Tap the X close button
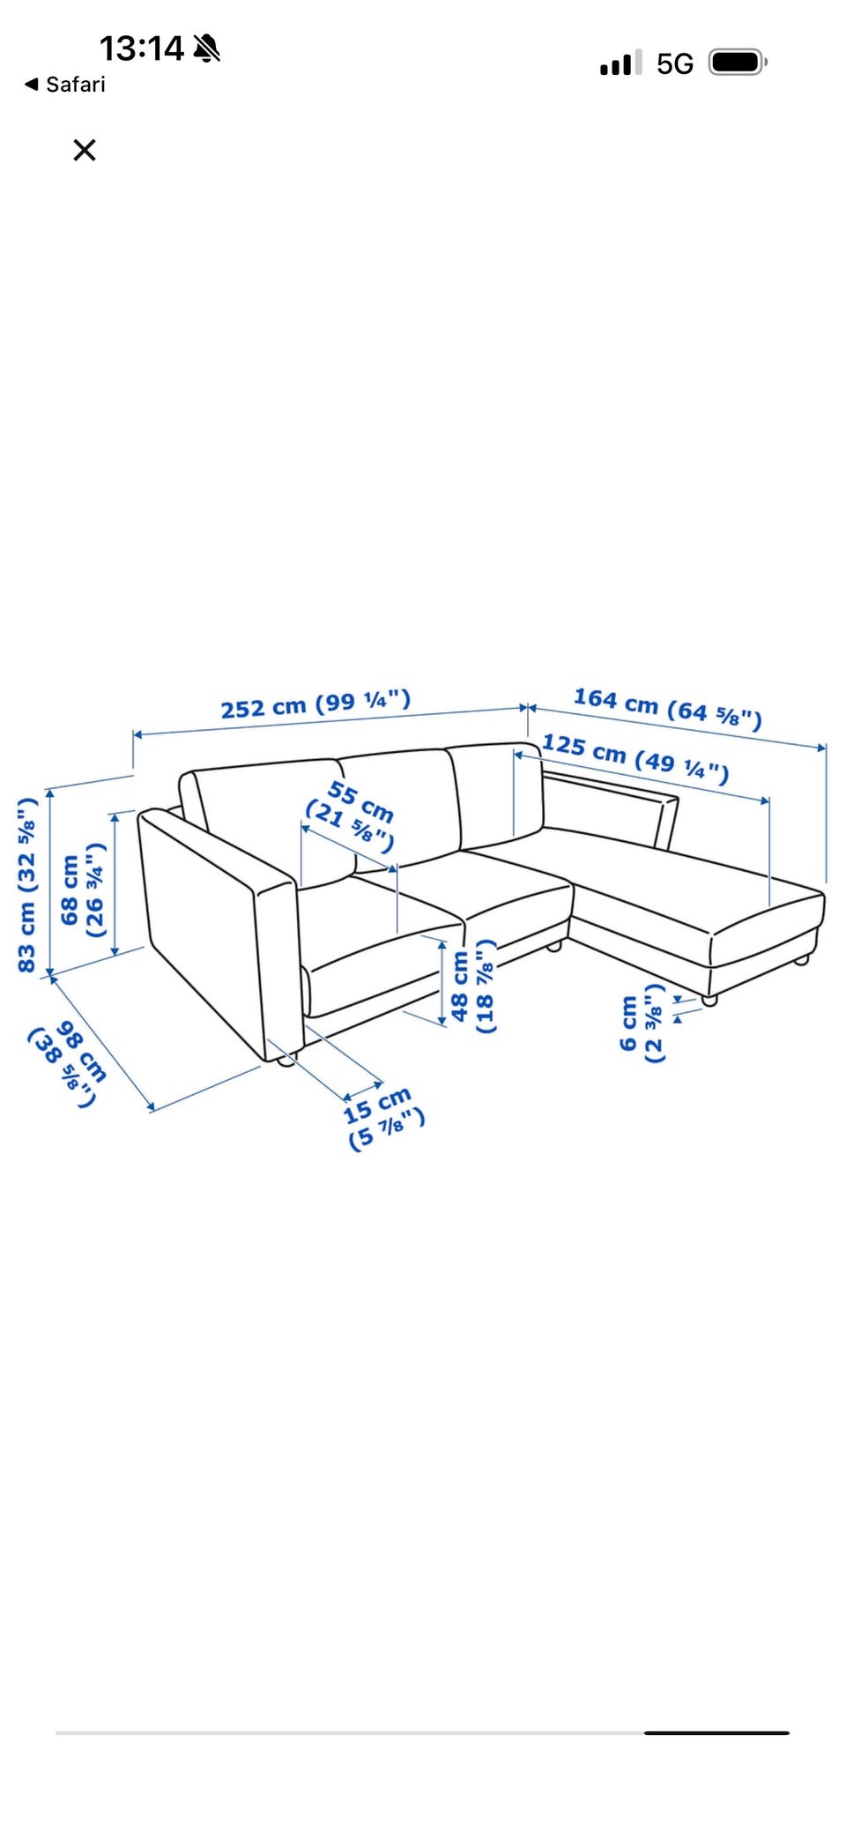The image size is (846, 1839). tap(85, 150)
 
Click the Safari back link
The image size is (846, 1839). tap(65, 85)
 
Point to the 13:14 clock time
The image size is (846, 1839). tap(141, 48)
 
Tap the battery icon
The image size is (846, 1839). tap(738, 63)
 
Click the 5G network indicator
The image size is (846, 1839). tap(675, 63)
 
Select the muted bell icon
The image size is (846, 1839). tap(207, 48)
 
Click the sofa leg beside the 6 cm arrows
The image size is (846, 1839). tap(709, 1000)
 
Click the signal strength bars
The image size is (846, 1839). tap(621, 63)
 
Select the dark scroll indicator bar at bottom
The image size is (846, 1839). tap(716, 1732)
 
